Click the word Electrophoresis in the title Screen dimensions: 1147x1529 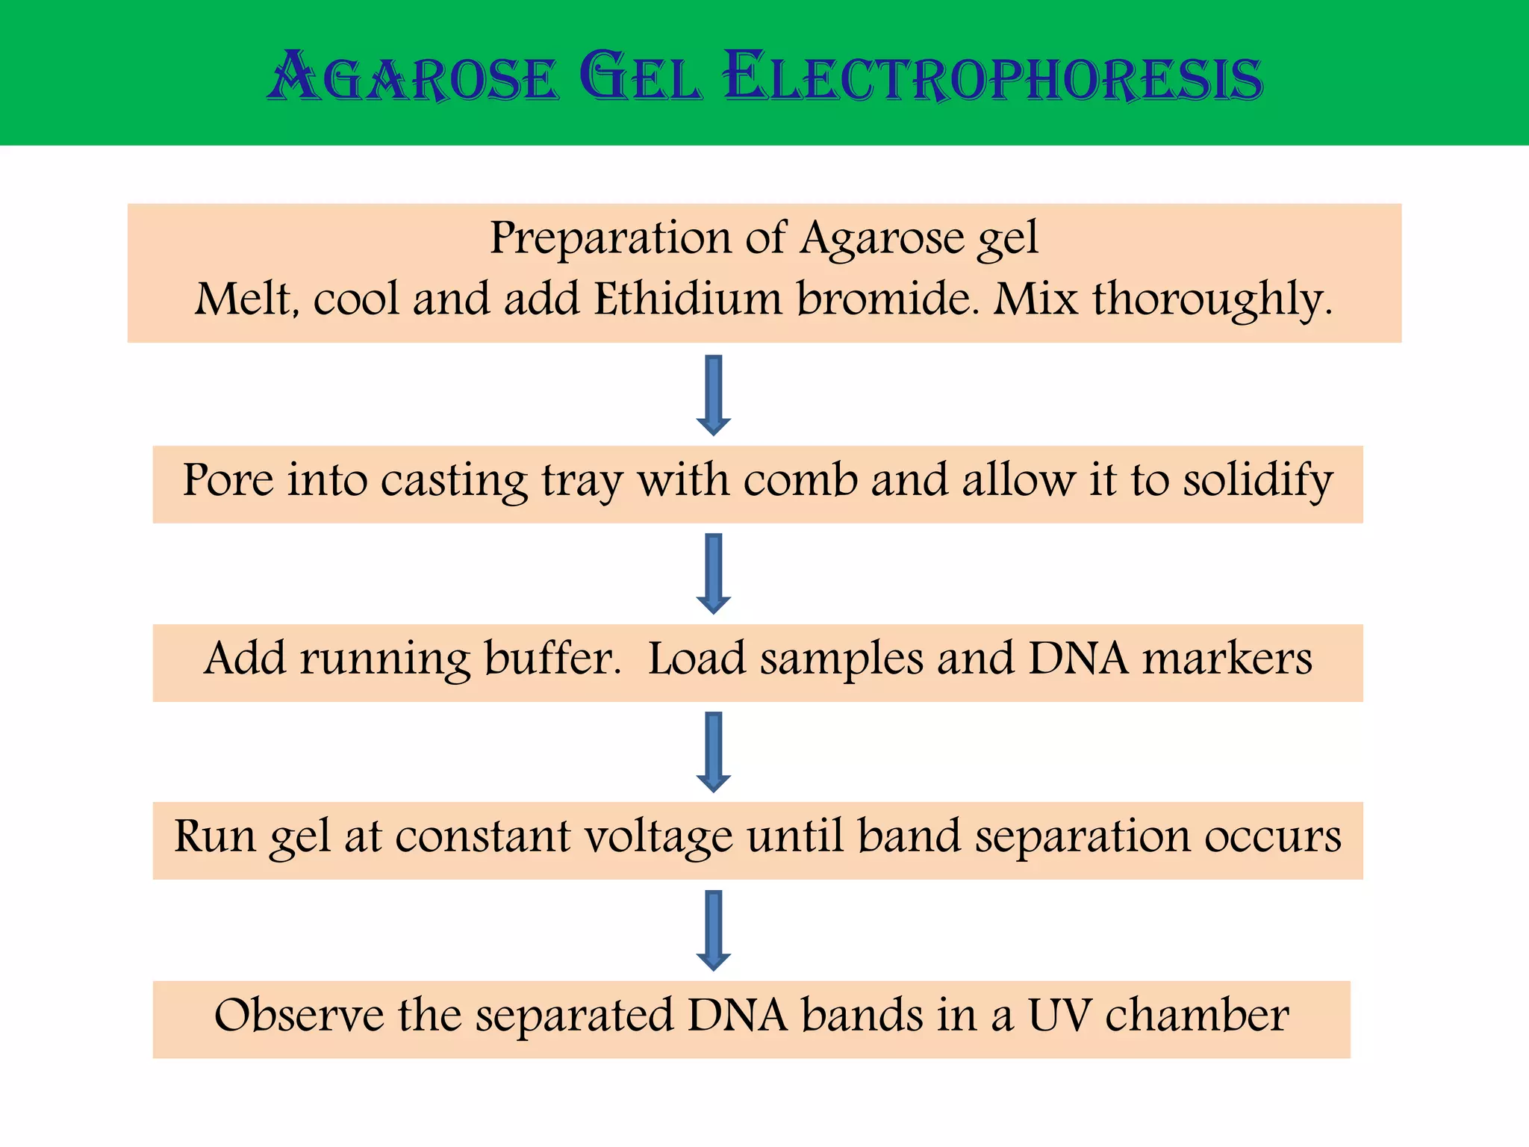(x=993, y=78)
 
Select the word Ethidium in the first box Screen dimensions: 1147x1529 (x=688, y=299)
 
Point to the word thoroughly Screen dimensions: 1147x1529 (x=1212, y=301)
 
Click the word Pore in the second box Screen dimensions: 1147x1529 (x=228, y=480)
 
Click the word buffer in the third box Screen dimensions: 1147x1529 (x=552, y=659)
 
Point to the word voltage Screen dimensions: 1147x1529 (x=658, y=837)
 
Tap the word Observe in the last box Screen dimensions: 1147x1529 (x=299, y=1016)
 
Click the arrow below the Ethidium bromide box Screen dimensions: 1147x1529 (x=714, y=395)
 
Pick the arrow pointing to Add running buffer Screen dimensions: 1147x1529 (x=714, y=573)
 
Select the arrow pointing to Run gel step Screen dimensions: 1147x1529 (x=714, y=752)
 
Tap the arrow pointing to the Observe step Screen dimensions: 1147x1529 (x=714, y=930)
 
